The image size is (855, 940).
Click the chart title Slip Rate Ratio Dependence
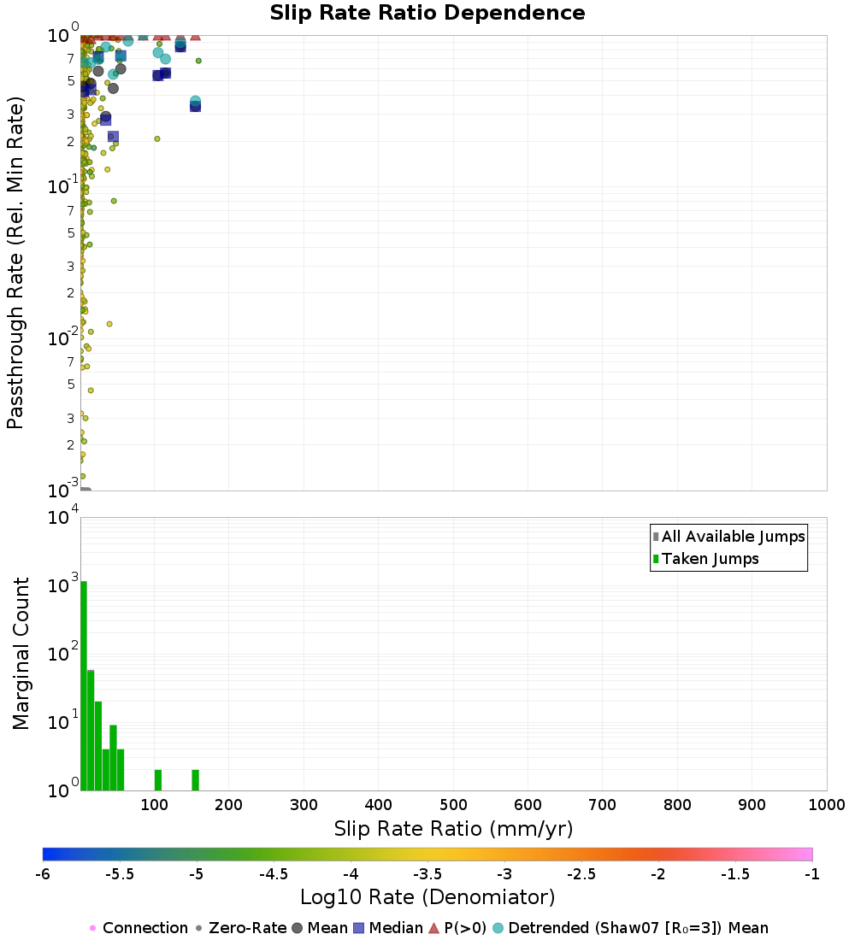point(427,14)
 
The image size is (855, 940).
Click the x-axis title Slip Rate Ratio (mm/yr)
point(453,828)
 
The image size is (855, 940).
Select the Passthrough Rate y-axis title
point(15,262)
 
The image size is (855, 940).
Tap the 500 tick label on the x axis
point(453,804)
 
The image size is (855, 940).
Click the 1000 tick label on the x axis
point(825,804)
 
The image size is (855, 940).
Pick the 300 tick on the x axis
point(304,804)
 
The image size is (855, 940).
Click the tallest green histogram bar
point(84,686)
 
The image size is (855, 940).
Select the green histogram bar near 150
point(195,780)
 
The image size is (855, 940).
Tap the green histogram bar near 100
point(158,780)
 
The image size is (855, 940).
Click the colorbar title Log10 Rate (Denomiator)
point(427,897)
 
